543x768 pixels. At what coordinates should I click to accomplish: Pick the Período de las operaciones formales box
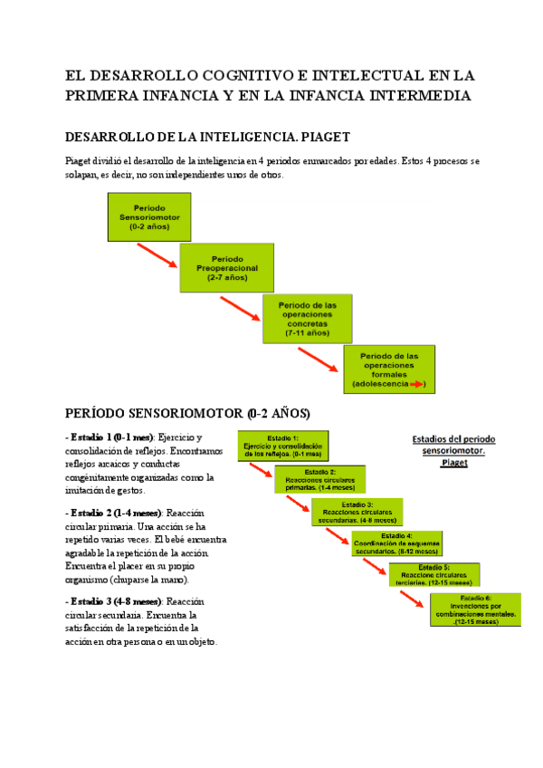389,370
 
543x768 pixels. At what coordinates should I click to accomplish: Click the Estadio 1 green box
282,446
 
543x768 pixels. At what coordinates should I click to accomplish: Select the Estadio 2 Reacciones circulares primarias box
319,478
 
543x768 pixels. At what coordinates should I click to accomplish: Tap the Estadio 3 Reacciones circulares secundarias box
357,512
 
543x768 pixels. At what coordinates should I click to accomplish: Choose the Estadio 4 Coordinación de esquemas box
396,542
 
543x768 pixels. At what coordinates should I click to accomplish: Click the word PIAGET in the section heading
322,137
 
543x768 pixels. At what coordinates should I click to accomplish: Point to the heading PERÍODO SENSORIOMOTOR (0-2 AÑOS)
187,414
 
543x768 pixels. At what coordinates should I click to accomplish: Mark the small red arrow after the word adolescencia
417,385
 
